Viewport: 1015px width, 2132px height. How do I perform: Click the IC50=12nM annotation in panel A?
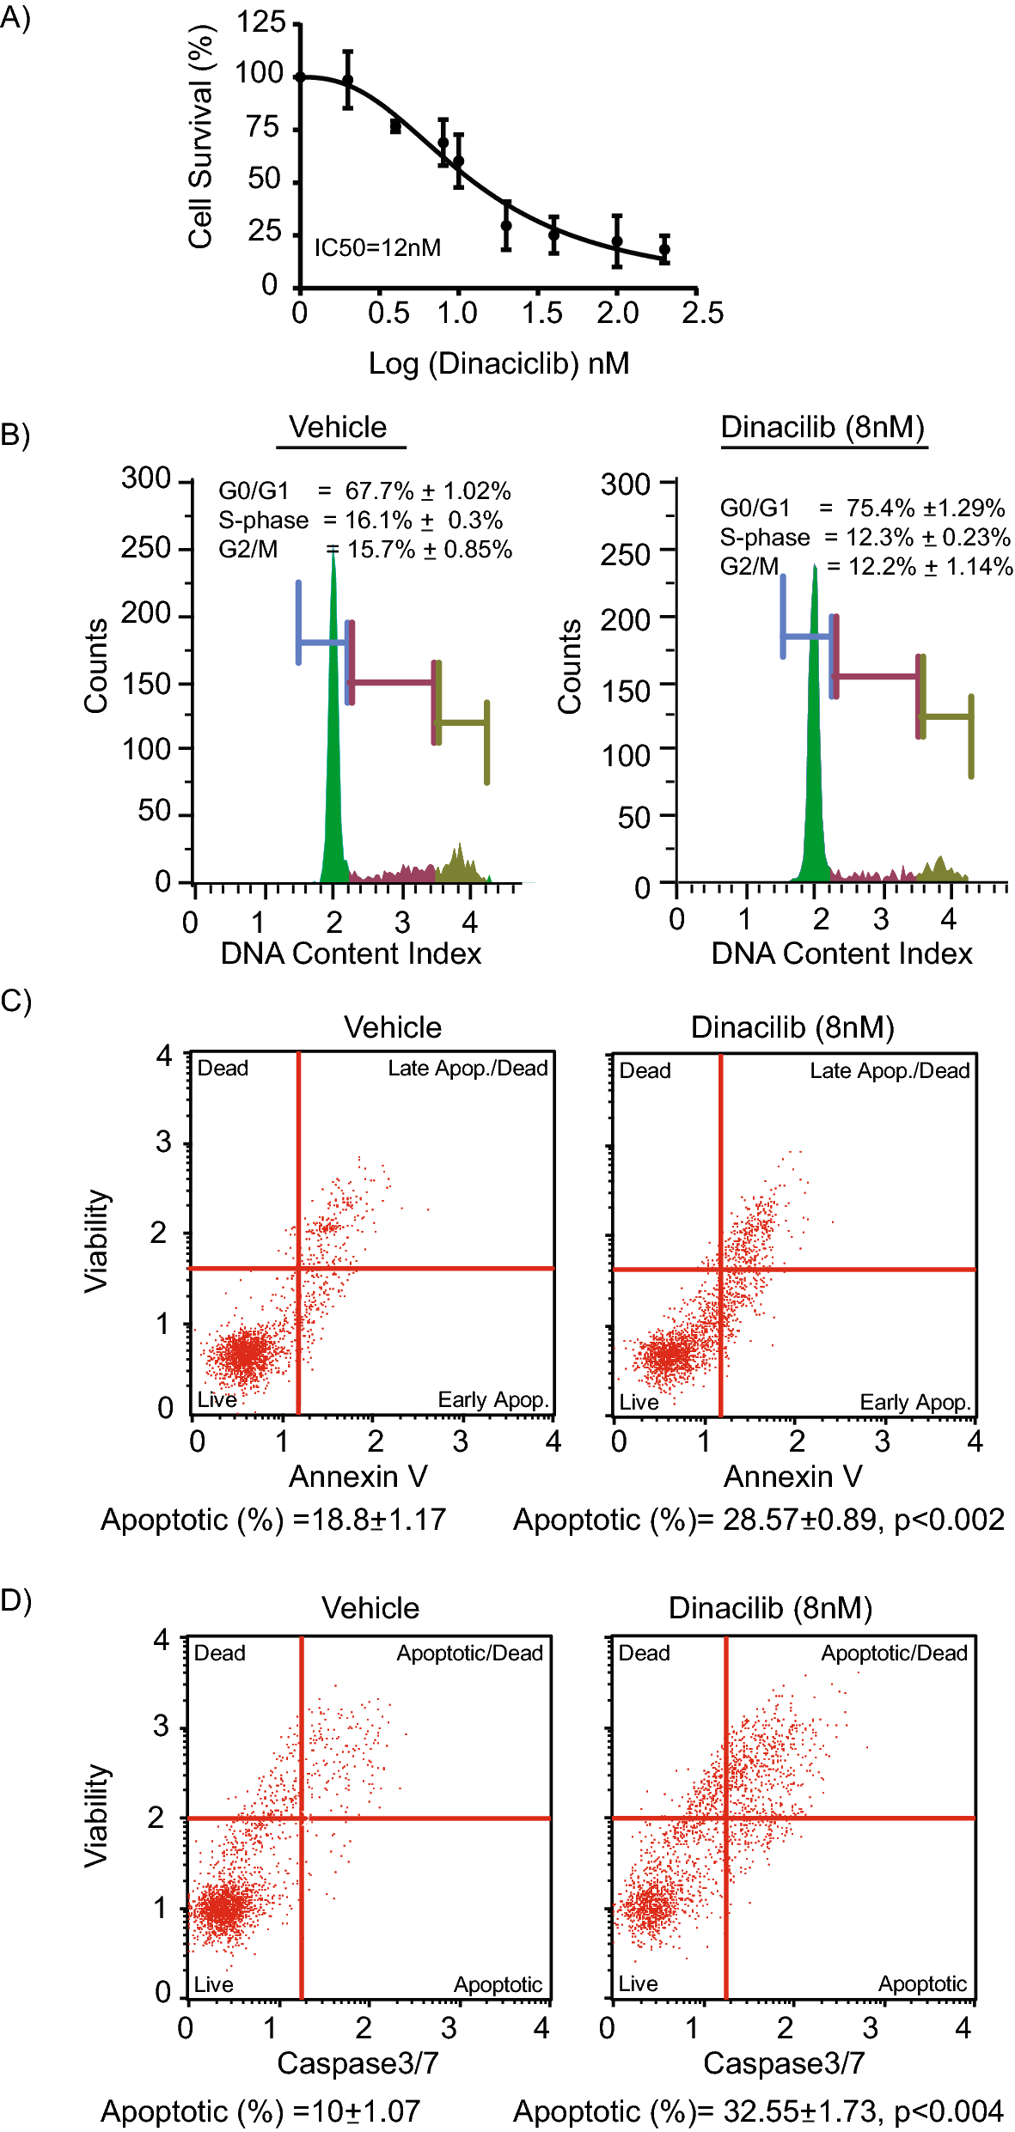click(376, 248)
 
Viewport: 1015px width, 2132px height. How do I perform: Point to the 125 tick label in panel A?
click(260, 21)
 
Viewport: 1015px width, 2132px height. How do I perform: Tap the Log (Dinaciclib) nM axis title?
click(498, 363)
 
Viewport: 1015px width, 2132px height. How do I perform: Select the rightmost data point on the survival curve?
click(664, 250)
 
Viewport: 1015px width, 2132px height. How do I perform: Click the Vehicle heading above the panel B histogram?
click(338, 427)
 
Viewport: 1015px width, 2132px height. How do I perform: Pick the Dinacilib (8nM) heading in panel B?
click(822, 427)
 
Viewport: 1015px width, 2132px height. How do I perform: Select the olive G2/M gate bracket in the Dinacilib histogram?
click(945, 716)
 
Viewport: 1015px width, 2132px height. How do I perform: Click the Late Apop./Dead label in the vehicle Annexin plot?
click(468, 1068)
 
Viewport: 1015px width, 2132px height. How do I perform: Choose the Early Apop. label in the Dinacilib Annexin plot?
click(914, 1403)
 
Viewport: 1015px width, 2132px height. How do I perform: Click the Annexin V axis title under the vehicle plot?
click(358, 1477)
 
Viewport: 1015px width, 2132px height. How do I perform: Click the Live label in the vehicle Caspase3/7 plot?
click(213, 1984)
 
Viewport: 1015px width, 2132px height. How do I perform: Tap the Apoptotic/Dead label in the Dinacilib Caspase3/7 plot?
click(894, 1654)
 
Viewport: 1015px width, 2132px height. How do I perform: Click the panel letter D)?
click(15, 1601)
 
